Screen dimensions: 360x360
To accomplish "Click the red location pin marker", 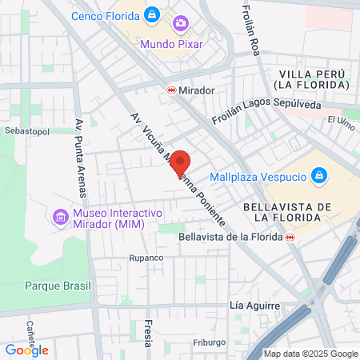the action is [x=181, y=162].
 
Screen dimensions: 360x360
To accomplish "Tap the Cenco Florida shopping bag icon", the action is [x=153, y=14].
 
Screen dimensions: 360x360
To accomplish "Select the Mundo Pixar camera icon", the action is [x=181, y=24].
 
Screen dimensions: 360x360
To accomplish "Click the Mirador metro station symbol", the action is [x=171, y=90].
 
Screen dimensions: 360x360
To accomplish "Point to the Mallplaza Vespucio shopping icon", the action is [x=318, y=175].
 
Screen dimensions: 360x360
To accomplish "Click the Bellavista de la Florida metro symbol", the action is [x=290, y=237].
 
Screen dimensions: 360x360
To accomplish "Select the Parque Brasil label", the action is [x=58, y=286].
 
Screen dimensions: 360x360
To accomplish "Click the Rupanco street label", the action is [x=146, y=258].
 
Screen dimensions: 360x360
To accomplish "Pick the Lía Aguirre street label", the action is [x=254, y=306].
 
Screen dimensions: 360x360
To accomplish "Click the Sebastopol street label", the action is [x=22, y=129].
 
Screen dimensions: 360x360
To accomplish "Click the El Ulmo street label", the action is [x=341, y=120].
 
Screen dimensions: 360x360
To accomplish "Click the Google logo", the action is [x=27, y=350].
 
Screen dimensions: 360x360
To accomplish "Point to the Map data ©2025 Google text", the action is [x=311, y=354].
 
